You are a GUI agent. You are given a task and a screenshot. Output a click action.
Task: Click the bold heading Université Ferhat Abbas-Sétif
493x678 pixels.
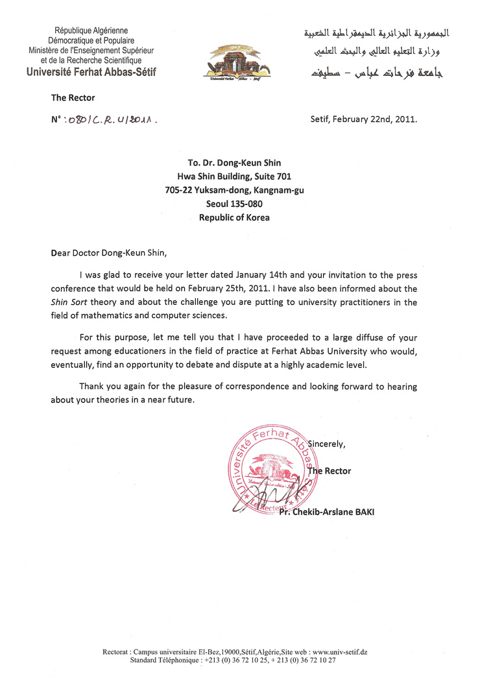tap(91, 72)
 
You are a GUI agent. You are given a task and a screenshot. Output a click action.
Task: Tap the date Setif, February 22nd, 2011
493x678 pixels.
tap(365, 119)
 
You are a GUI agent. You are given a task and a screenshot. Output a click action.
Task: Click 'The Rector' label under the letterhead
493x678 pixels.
tap(73, 98)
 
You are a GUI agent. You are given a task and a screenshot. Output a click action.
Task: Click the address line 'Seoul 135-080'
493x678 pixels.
tap(234, 204)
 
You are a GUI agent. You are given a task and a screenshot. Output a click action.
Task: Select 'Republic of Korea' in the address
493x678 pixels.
tap(234, 217)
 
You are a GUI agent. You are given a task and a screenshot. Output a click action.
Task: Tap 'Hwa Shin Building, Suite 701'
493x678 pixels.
tap(234, 176)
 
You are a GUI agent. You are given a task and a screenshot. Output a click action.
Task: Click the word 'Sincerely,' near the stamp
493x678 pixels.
tap(327, 444)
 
